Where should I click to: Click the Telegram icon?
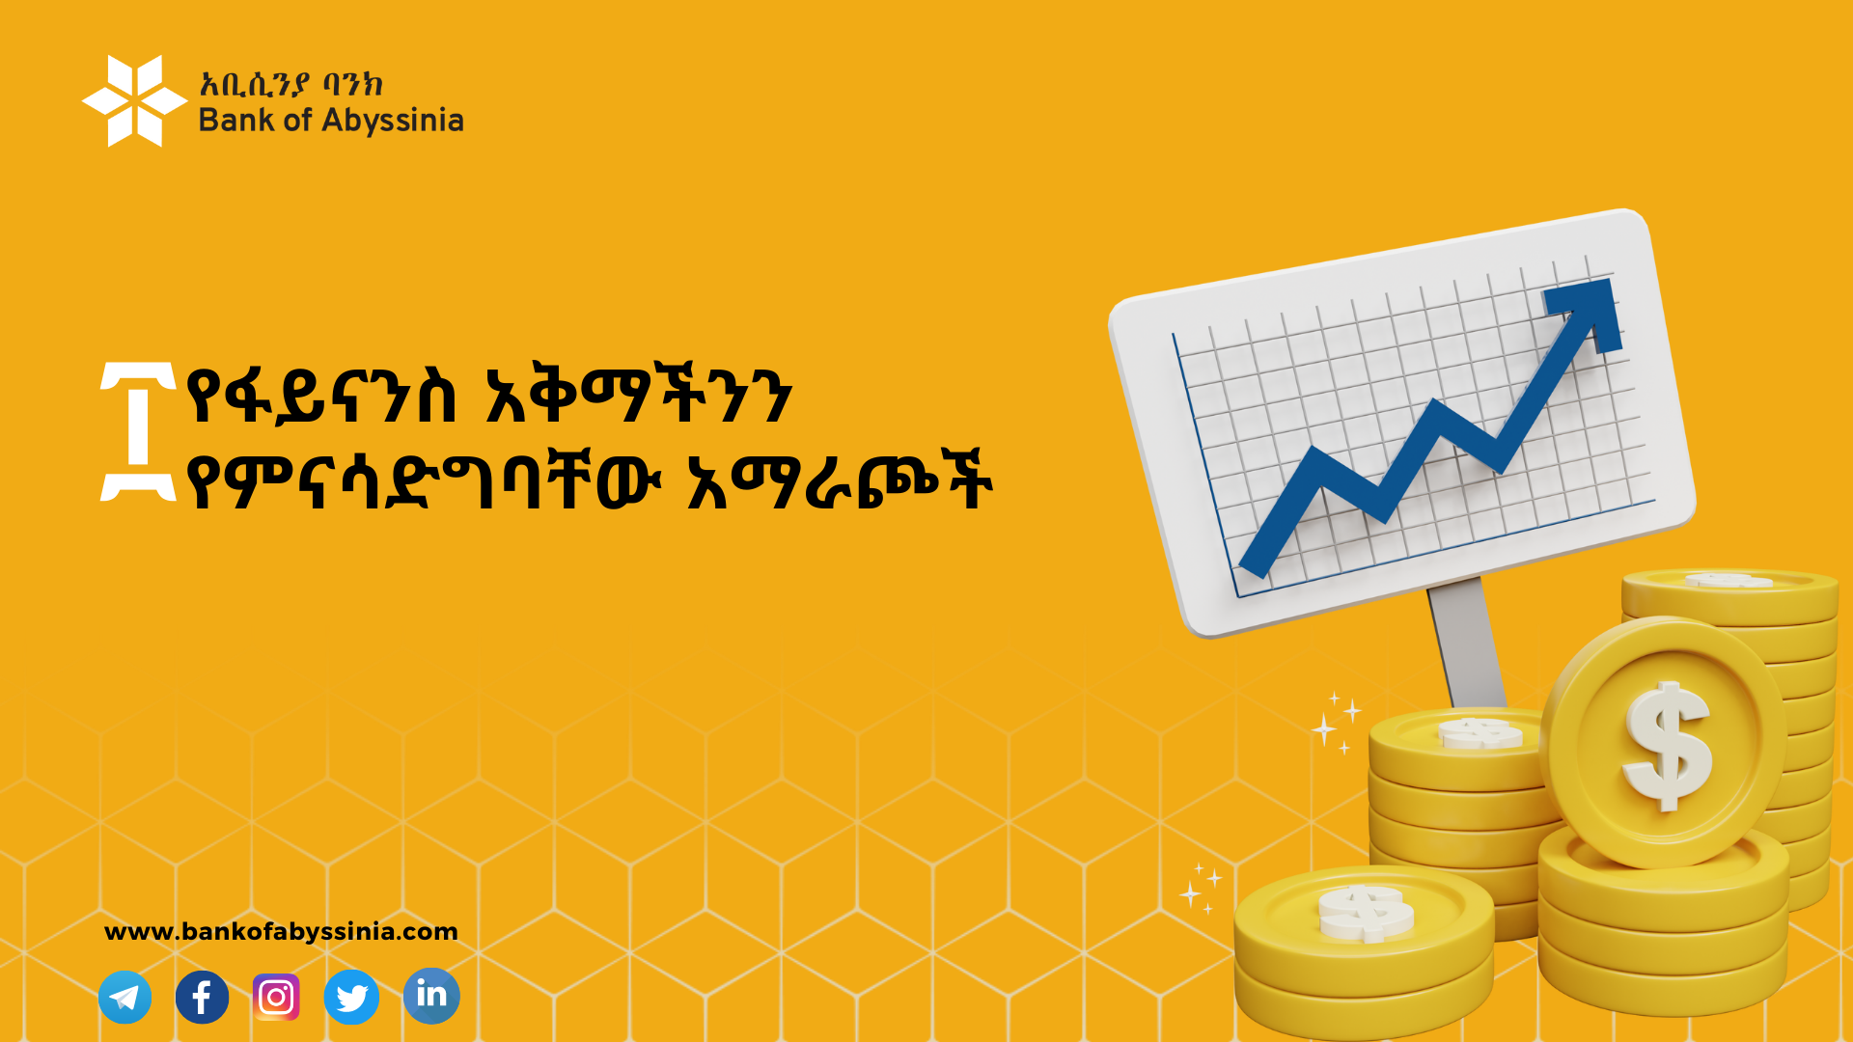pos(125,997)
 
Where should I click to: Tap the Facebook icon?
pos(202,997)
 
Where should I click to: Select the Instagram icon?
pos(276,997)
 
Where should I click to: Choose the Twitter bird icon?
pos(351,997)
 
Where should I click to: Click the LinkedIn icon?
pos(431,996)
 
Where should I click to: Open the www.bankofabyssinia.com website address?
pos(281,932)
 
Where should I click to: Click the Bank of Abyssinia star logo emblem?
pos(134,100)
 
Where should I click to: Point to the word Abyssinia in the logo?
pos(393,122)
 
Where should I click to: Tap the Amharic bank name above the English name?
pos(291,84)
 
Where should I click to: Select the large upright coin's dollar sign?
pos(1667,746)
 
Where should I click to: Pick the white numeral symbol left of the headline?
pos(138,432)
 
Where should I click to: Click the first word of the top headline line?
pos(321,395)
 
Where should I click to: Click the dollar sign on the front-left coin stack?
pos(1365,913)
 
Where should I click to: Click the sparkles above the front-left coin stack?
pos(1200,889)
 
